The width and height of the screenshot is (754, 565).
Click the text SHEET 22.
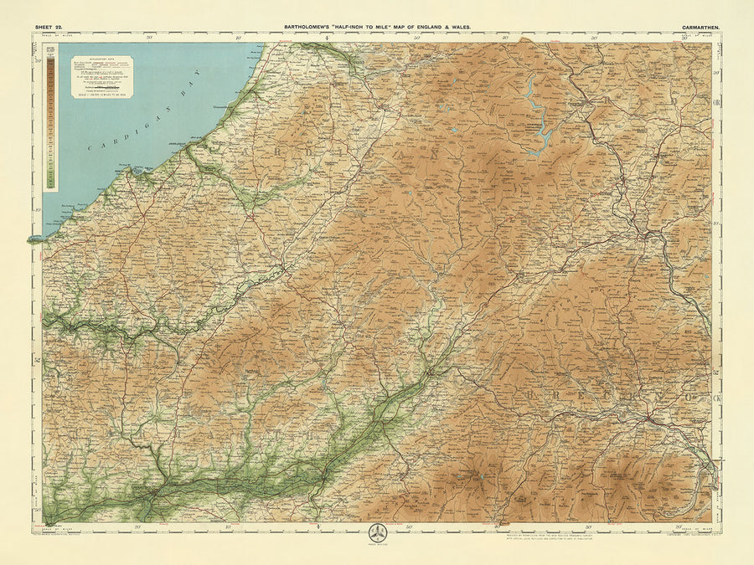point(48,27)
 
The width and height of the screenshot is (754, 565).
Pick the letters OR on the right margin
point(716,102)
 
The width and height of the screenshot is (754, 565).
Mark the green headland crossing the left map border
point(36,239)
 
